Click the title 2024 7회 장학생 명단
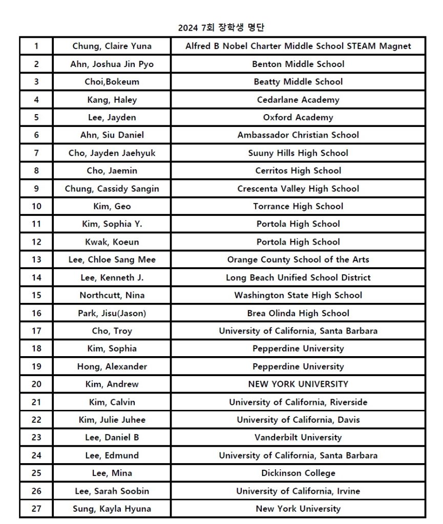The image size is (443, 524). (221, 28)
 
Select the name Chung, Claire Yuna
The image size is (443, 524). (112, 46)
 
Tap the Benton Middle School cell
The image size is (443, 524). (298, 64)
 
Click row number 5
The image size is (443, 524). (36, 117)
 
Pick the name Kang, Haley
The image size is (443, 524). (112, 100)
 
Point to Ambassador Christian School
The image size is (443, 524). (298, 135)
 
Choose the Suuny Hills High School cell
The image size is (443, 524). (298, 153)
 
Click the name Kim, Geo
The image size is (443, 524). (112, 206)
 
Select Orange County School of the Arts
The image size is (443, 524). (298, 259)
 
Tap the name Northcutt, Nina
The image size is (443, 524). (112, 295)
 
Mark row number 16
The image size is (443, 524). (36, 313)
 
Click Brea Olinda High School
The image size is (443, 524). (298, 313)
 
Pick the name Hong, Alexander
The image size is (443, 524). (112, 366)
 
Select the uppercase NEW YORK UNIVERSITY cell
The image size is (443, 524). (298, 384)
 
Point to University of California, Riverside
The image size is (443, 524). (298, 402)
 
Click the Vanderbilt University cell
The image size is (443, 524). (298, 438)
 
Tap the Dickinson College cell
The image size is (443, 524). (298, 473)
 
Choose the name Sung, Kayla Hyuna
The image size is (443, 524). (112, 509)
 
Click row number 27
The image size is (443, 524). (36, 509)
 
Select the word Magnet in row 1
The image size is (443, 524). (395, 46)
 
